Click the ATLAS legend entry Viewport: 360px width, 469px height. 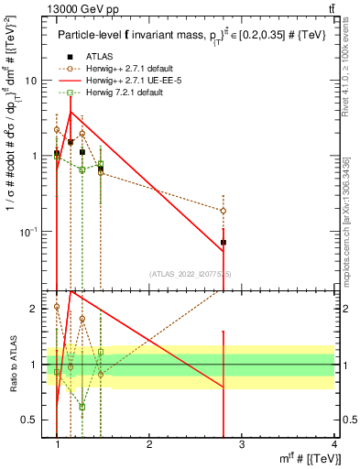point(87,57)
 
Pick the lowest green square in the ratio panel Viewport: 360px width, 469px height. point(82,407)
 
